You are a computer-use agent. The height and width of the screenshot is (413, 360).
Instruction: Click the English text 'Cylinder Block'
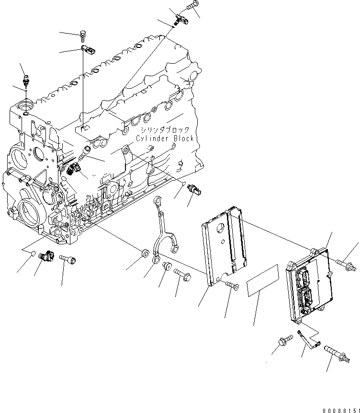pyautogui.click(x=164, y=138)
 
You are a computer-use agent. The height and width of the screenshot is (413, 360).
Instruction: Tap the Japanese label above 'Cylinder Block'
pyautogui.click(x=164, y=130)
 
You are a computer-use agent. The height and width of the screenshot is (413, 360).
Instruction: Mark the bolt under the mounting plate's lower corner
pyautogui.click(x=233, y=286)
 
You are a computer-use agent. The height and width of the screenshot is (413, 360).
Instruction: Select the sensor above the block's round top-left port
pyautogui.click(x=26, y=79)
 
